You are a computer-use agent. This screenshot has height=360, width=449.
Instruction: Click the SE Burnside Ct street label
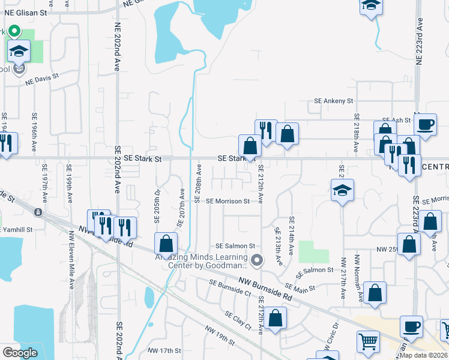[230, 287]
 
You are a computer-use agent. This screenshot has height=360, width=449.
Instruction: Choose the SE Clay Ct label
[238, 319]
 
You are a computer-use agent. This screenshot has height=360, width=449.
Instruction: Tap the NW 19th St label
[220, 335]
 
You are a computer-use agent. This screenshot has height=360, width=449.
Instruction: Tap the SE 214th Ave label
[291, 235]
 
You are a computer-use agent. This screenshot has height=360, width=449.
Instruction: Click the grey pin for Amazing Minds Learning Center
[258, 260]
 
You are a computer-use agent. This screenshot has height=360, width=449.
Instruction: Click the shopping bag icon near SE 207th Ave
[166, 244]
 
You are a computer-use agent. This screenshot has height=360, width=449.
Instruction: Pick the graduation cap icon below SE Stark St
[342, 191]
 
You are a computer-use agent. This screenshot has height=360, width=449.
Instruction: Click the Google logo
[20, 353]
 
